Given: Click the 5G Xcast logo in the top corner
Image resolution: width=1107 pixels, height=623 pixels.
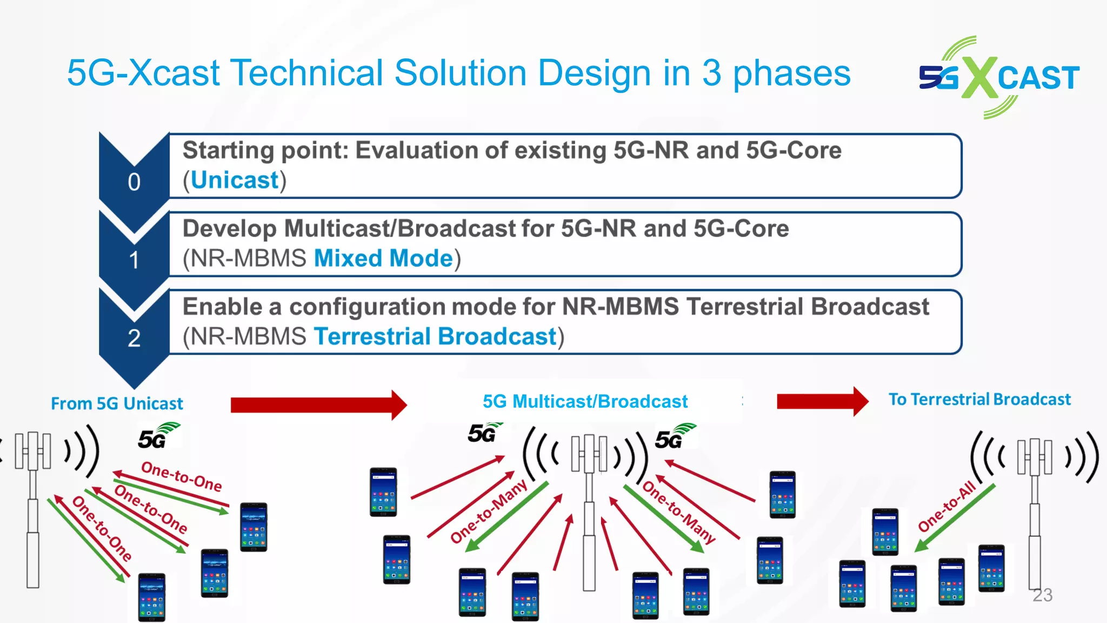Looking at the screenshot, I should pyautogui.click(x=999, y=77).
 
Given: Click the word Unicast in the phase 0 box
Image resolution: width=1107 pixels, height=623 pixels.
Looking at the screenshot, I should pyautogui.click(x=235, y=180).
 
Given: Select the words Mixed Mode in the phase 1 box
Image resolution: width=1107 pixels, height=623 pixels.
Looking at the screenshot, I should pyautogui.click(x=383, y=259).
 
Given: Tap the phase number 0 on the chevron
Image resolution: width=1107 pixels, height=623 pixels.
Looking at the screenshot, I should pyautogui.click(x=134, y=182).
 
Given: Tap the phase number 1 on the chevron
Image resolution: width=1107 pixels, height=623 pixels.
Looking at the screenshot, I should pyautogui.click(x=134, y=260).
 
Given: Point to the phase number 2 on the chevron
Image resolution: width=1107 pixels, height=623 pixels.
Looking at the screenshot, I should pyautogui.click(x=134, y=339).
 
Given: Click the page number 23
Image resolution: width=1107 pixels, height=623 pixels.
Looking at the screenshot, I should pyautogui.click(x=1042, y=595).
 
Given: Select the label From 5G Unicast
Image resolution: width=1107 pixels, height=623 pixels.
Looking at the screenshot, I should pyautogui.click(x=117, y=403).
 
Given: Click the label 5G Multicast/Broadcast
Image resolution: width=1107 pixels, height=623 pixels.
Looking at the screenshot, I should pyautogui.click(x=585, y=401).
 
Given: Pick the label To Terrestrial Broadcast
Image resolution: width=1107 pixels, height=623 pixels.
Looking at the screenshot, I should pyautogui.click(x=979, y=399).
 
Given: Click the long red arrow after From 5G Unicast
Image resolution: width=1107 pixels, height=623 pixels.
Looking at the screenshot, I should pyautogui.click(x=318, y=405).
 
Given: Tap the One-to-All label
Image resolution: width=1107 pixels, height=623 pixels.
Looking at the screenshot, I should pyautogui.click(x=946, y=506).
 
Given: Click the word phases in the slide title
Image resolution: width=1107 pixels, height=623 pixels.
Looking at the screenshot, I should pyautogui.click(x=791, y=73).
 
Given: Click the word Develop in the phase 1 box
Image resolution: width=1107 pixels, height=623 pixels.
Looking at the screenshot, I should pyautogui.click(x=229, y=229).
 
